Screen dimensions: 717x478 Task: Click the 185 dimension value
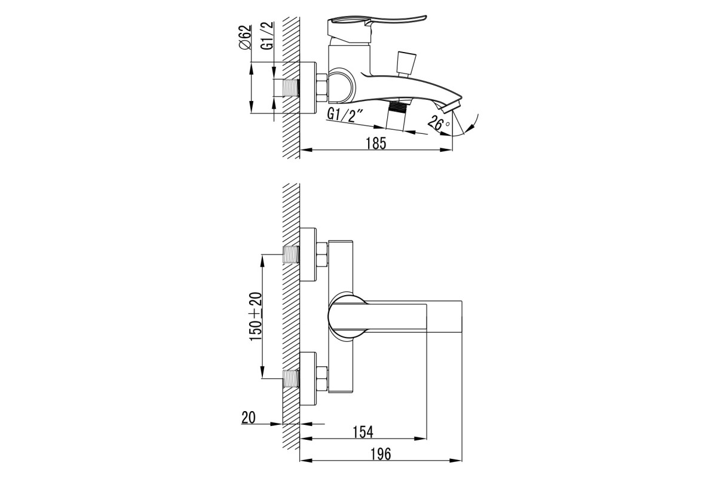coord(376,143)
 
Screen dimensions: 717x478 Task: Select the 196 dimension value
coord(381,454)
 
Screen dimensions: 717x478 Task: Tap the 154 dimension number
coord(363,432)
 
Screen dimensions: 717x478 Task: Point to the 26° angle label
coord(439,122)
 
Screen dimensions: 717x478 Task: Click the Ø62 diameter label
coord(245,37)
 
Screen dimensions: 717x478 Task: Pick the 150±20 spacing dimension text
coord(256,317)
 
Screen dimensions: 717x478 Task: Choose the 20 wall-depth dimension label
coord(249,418)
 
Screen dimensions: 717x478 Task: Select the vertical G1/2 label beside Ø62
coord(267,35)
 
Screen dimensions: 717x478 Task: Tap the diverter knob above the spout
coord(406,64)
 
